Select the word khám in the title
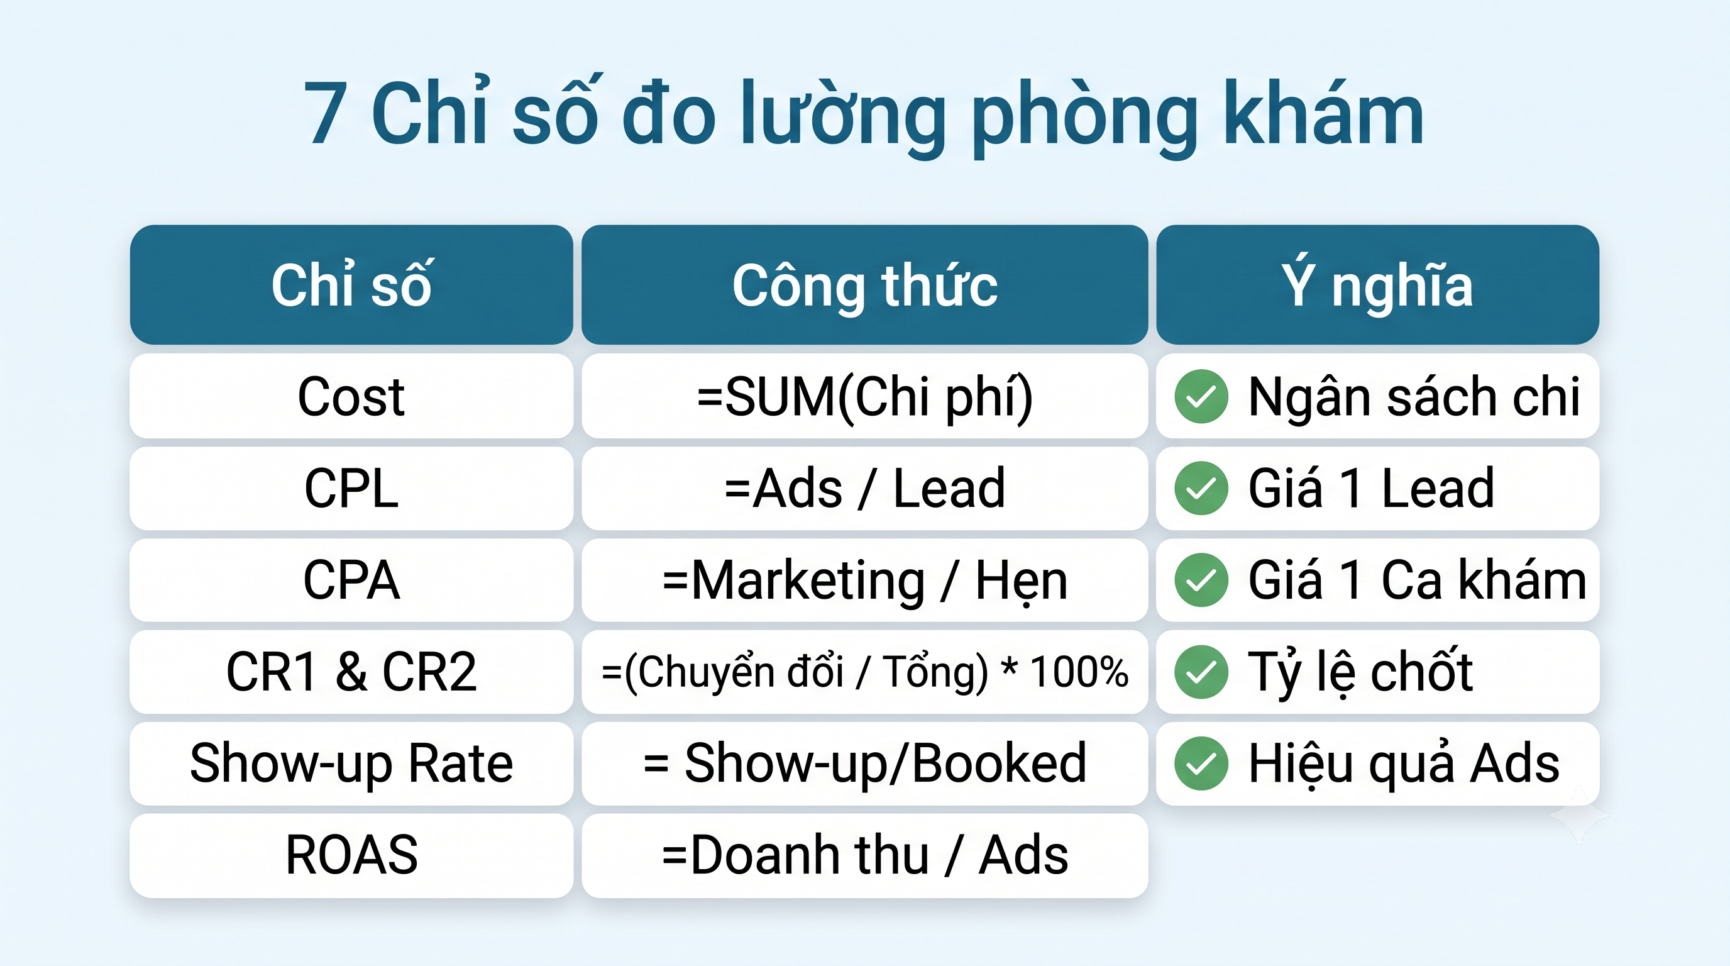point(1323,111)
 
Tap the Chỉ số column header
point(351,285)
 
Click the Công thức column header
point(864,285)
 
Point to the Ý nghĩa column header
point(1377,285)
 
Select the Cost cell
point(351,396)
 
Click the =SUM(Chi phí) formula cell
point(864,396)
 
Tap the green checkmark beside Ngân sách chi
point(1201,396)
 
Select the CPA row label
point(351,580)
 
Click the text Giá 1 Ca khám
point(1417,580)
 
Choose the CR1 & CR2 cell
point(351,672)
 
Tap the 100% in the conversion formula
point(1079,672)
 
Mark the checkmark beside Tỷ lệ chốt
point(1201,672)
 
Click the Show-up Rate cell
point(351,763)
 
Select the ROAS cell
point(351,855)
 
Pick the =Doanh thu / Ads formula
point(864,855)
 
